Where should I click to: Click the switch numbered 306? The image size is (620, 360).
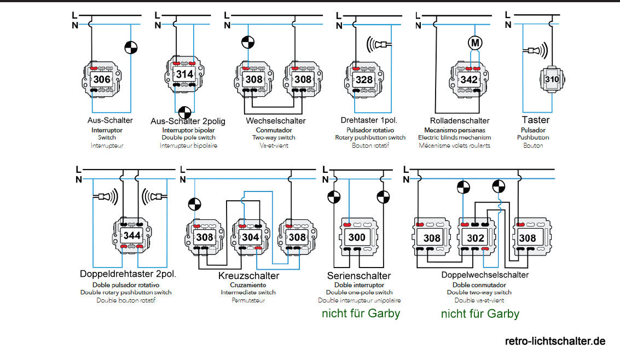[102, 79]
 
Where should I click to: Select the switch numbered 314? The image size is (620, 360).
[184, 74]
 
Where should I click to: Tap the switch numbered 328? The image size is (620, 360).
[364, 79]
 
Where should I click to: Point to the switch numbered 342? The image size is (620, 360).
[469, 79]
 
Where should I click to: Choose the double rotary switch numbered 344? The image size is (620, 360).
[132, 236]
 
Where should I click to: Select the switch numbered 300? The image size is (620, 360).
[356, 238]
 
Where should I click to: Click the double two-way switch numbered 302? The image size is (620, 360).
[476, 238]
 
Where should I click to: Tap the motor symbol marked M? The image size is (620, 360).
[474, 42]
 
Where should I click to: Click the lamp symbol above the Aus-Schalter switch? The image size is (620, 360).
[130, 48]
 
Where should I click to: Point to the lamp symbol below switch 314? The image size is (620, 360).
[185, 112]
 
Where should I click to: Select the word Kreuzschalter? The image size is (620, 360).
[248, 275]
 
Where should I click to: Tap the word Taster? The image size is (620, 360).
[536, 120]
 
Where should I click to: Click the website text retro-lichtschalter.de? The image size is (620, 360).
[555, 341]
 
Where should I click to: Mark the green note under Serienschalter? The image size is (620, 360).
[361, 313]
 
